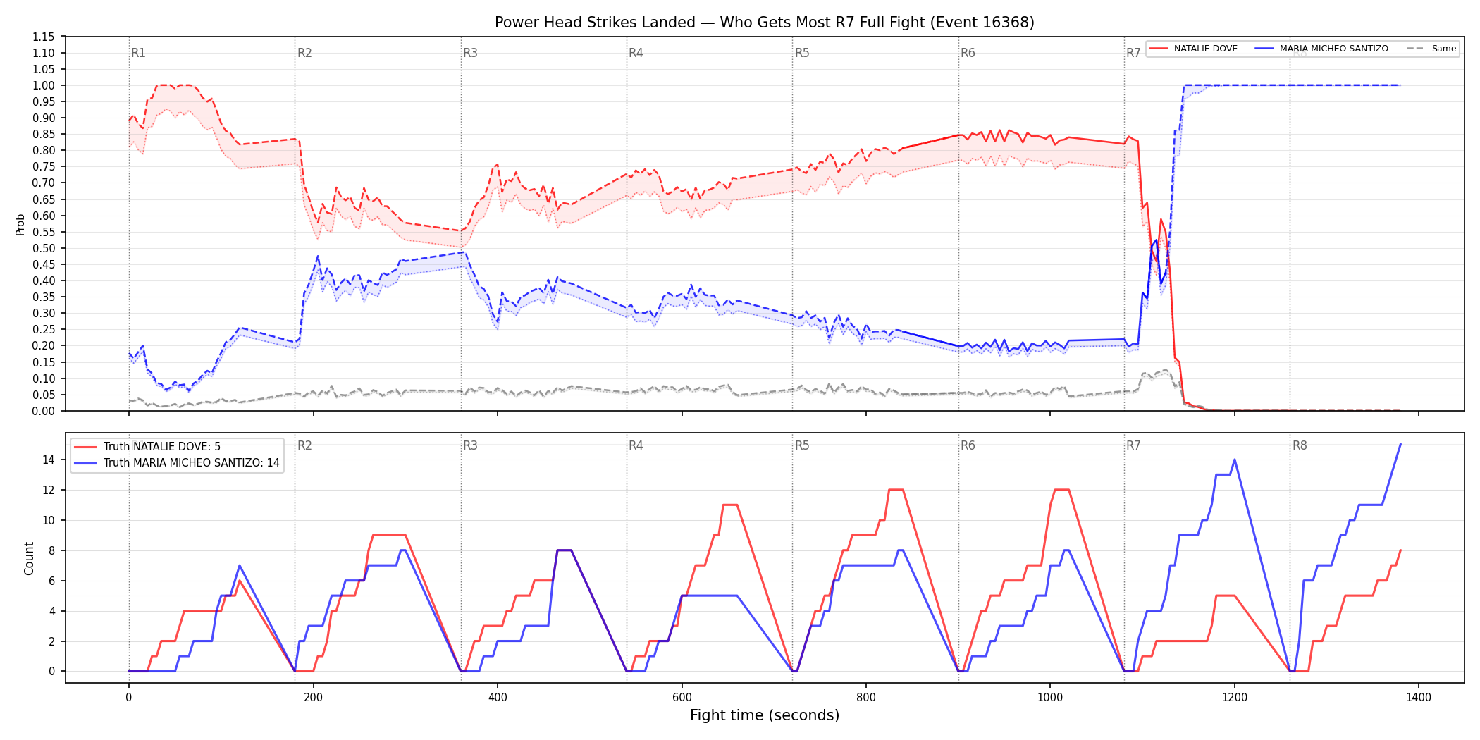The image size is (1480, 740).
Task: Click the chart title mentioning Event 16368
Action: click(765, 23)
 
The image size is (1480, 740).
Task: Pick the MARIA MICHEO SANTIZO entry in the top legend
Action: click(1321, 49)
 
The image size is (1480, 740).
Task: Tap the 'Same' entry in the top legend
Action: click(1431, 49)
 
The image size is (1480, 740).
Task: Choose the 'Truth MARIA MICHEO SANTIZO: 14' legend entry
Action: click(177, 463)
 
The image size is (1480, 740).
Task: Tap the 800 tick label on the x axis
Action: click(866, 698)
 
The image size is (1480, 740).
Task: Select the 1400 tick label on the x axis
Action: click(1419, 698)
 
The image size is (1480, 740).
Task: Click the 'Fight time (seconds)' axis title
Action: click(765, 715)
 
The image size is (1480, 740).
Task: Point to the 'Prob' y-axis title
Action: click(20, 224)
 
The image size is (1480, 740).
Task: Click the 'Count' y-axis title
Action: click(29, 558)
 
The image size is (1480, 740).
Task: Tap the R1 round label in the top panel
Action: click(138, 53)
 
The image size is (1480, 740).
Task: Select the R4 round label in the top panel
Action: click(636, 53)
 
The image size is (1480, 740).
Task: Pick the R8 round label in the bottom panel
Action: click(1300, 445)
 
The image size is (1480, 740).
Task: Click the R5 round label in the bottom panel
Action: click(802, 445)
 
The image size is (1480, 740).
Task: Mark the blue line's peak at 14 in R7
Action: click(1235, 460)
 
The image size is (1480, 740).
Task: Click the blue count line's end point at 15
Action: click(1400, 445)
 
